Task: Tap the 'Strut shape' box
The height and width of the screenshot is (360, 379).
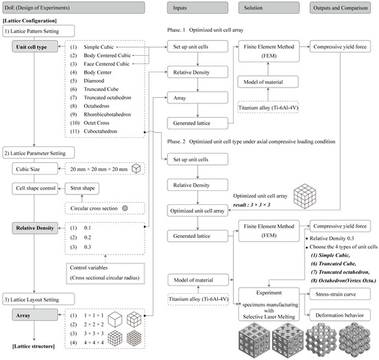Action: pyautogui.click(x=79, y=188)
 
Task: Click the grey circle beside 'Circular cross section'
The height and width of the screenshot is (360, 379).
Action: pyautogui.click(x=125, y=208)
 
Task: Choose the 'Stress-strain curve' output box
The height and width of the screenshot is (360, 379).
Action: pyautogui.click(x=340, y=294)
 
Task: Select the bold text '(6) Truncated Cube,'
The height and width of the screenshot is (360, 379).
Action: pyautogui.click(x=334, y=263)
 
